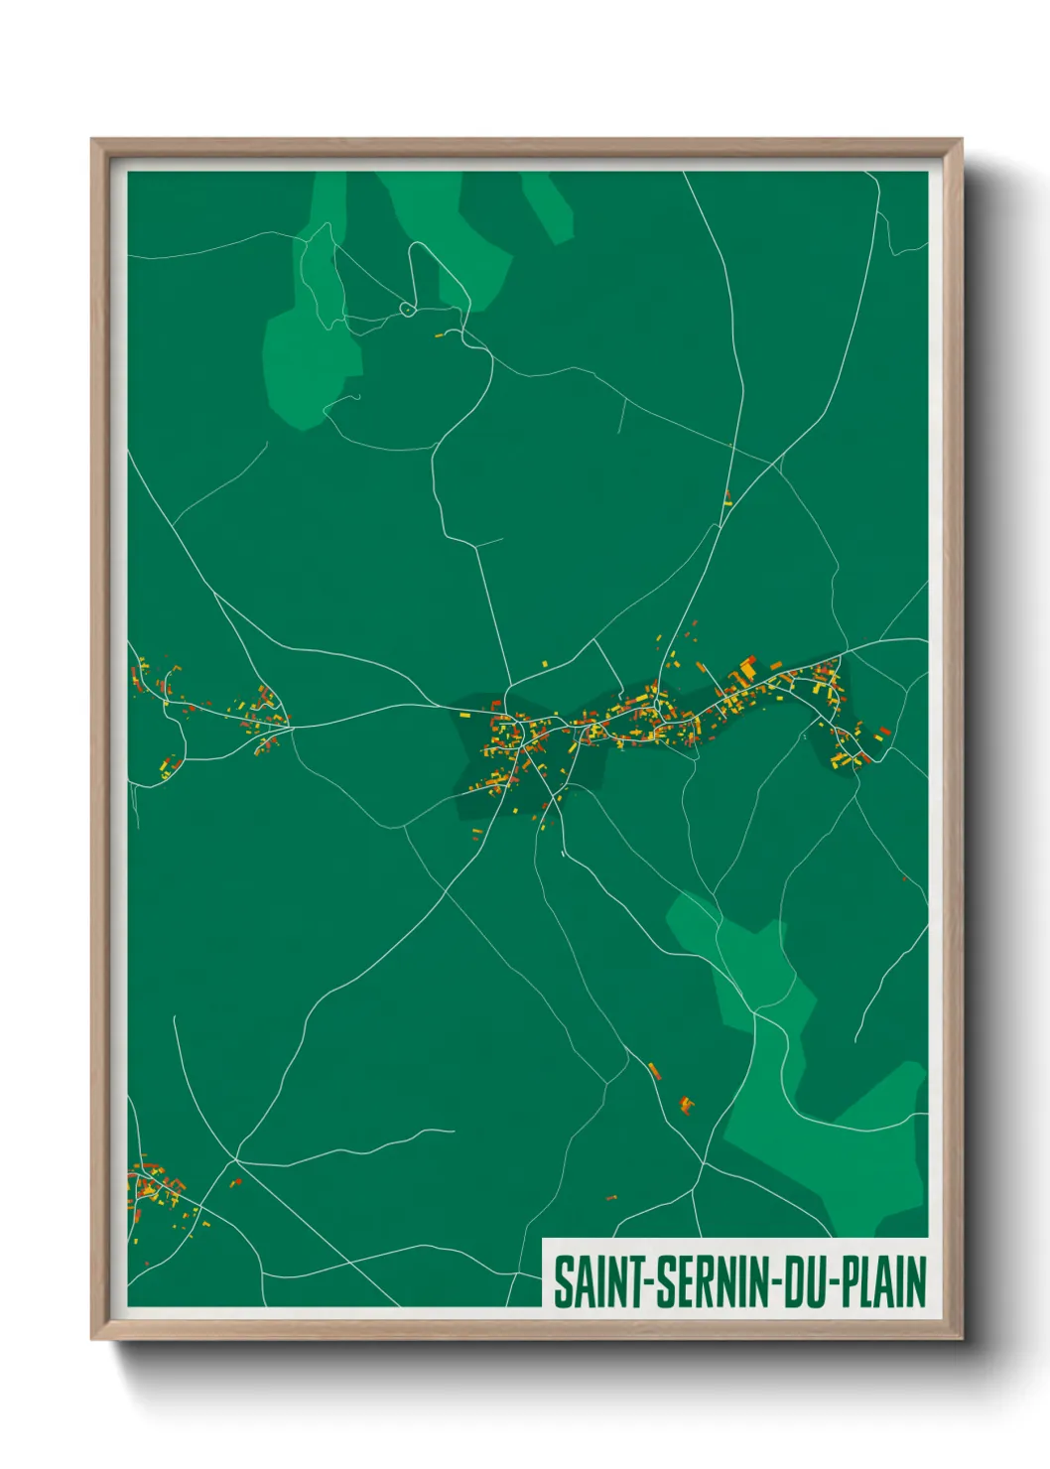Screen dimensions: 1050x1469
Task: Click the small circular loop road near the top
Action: [407, 310]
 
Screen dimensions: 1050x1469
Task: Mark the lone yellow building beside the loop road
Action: [439, 335]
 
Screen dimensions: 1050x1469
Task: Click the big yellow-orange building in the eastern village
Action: [746, 672]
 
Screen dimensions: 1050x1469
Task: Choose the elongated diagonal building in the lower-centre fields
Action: [654, 1070]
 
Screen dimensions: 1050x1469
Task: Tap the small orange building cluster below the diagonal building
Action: [686, 1103]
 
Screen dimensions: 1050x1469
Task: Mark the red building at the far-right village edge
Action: [884, 732]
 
